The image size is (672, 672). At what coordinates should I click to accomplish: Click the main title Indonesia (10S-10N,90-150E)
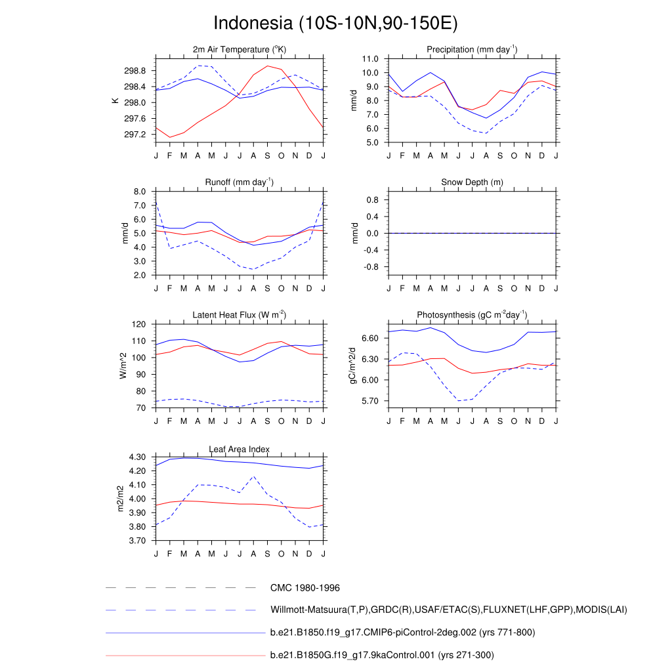pyautogui.click(x=335, y=23)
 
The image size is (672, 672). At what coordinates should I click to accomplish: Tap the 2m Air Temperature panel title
pyautogui.click(x=240, y=50)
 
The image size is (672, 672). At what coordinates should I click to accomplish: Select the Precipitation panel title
pyautogui.click(x=472, y=50)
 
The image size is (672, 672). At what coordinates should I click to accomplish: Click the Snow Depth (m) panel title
pyautogui.click(x=472, y=182)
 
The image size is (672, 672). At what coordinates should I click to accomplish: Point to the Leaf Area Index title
pyautogui.click(x=240, y=450)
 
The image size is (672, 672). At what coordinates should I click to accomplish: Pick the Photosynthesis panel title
pyautogui.click(x=472, y=315)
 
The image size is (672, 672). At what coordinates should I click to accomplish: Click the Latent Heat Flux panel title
pyautogui.click(x=240, y=315)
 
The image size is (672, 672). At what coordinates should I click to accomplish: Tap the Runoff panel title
pyautogui.click(x=240, y=182)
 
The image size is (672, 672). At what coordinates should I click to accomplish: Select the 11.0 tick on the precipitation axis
pyautogui.click(x=369, y=58)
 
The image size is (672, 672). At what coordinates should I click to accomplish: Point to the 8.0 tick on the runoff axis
pyautogui.click(x=139, y=192)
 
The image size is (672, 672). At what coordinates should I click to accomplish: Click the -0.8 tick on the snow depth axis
pyautogui.click(x=372, y=267)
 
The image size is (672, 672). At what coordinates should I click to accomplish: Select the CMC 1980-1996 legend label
pyautogui.click(x=304, y=588)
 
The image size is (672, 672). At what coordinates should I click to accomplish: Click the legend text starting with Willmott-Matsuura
pyautogui.click(x=448, y=610)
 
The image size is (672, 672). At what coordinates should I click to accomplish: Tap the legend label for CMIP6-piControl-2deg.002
pyautogui.click(x=402, y=633)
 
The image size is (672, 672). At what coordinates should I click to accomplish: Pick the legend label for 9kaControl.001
pyautogui.click(x=381, y=655)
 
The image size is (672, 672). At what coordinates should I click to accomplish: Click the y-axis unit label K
pyautogui.click(x=115, y=101)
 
